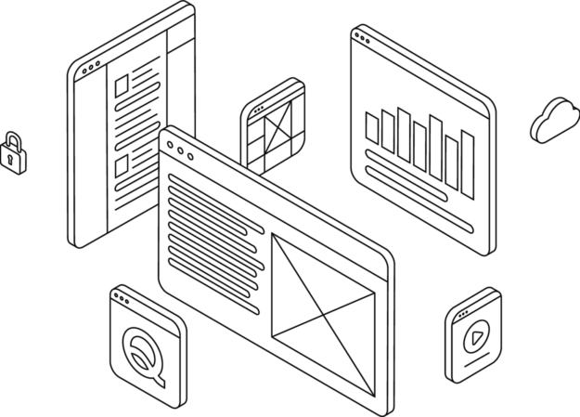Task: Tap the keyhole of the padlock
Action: pyautogui.click(x=11, y=159)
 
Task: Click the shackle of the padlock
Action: pyautogui.click(x=11, y=140)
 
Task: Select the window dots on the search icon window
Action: pyautogui.click(x=120, y=298)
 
